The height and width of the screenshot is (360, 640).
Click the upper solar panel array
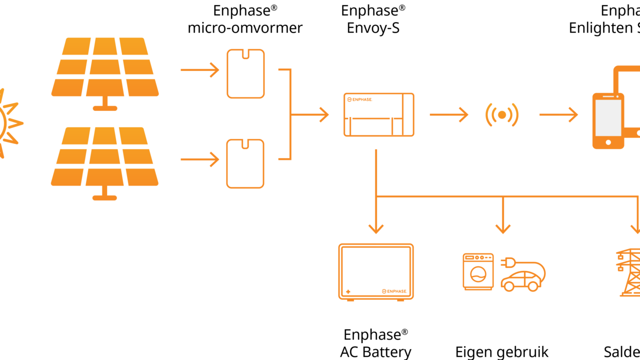105,67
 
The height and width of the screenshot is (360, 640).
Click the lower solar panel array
105,157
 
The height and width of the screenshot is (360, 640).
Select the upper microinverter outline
245,73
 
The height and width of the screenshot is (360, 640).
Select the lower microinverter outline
245,163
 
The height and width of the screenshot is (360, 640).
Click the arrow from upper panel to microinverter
200,70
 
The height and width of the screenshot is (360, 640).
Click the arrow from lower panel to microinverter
200,159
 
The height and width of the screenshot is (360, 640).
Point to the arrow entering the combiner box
312,114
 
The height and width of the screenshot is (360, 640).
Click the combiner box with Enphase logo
378,114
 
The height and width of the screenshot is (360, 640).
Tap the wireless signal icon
501,115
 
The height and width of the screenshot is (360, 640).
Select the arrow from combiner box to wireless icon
449,114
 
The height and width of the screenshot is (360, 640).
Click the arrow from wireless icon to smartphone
558,114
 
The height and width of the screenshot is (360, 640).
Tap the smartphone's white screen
608,117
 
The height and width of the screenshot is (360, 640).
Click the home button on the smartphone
608,142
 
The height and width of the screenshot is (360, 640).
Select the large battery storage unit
376,271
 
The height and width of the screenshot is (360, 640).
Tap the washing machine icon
478,271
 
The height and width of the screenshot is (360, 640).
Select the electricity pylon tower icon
629,272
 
